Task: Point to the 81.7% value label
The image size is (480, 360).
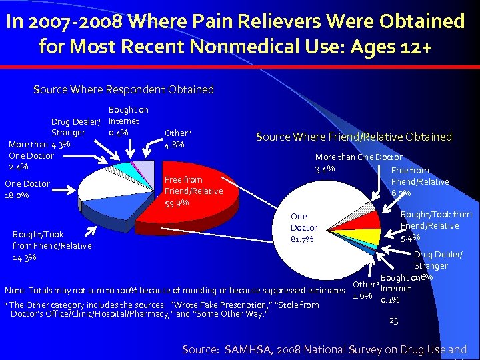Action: (303, 239)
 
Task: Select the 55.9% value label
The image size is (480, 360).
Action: (177, 203)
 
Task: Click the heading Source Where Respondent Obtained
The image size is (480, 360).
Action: (123, 89)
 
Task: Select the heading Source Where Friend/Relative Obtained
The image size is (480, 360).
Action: (354, 137)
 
